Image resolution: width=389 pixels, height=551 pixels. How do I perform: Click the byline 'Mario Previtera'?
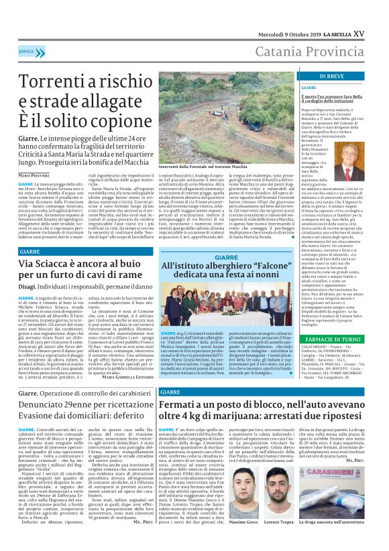33,175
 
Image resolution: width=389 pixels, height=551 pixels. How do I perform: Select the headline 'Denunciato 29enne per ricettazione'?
80,406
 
